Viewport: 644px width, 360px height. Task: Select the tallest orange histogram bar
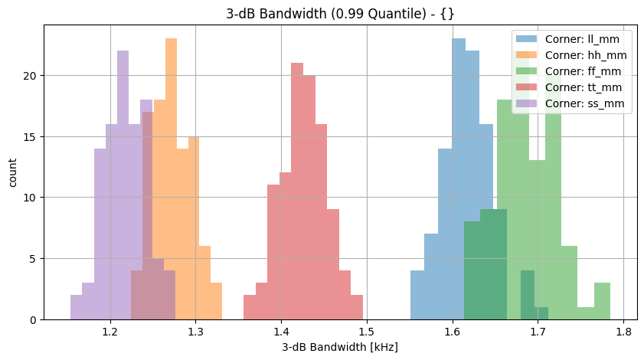[171, 179]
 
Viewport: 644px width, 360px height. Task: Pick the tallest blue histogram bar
[458, 179]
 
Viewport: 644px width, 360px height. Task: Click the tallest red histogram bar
[297, 191]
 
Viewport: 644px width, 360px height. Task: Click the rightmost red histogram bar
[357, 307]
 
